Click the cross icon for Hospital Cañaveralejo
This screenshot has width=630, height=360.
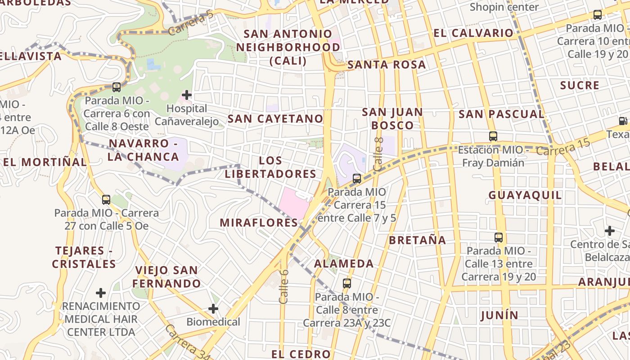[x=186, y=95]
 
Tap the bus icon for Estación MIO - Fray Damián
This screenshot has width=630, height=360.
[x=493, y=136]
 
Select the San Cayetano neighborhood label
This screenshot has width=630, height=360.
[x=275, y=119]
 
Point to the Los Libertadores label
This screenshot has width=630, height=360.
[x=271, y=167]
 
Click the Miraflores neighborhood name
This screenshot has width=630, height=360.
[x=259, y=223]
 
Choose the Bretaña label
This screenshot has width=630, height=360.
[x=418, y=240]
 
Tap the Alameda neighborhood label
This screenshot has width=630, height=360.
[x=344, y=264]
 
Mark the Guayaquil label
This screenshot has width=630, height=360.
[x=525, y=195]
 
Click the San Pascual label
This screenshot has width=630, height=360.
[x=501, y=114]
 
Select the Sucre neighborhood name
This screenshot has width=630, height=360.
[x=580, y=85]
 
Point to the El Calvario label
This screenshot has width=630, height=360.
[x=473, y=33]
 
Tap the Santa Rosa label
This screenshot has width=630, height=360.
[x=387, y=65]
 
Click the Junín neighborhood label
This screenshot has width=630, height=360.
[x=499, y=315]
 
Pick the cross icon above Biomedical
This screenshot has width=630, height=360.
[x=213, y=309]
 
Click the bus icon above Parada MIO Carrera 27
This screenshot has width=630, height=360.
[x=106, y=199]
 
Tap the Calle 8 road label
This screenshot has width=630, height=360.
[x=378, y=154]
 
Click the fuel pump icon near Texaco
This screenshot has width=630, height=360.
[x=623, y=121]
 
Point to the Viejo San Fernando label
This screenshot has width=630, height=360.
[x=166, y=277]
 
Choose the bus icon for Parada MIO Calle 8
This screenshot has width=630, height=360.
[x=346, y=283]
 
